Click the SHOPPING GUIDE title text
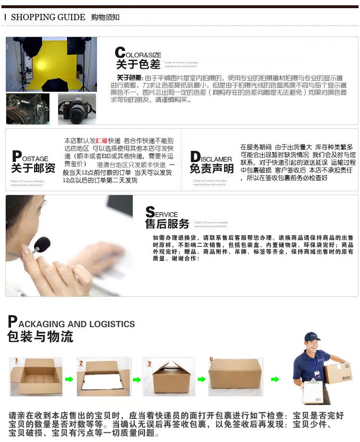coord(48,17)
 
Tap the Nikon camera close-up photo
coord(27,109)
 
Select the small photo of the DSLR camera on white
coord(77,109)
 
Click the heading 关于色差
coord(138,64)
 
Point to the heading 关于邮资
coord(33,168)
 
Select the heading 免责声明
coord(212,168)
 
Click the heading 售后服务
coord(167,223)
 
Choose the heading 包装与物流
coord(40,337)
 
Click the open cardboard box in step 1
coord(36,377)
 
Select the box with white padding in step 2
coord(103,378)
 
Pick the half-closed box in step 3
coord(169,377)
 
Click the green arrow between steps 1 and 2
coord(69,380)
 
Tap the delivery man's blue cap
coord(312,335)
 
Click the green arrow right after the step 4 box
coord(275,380)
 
